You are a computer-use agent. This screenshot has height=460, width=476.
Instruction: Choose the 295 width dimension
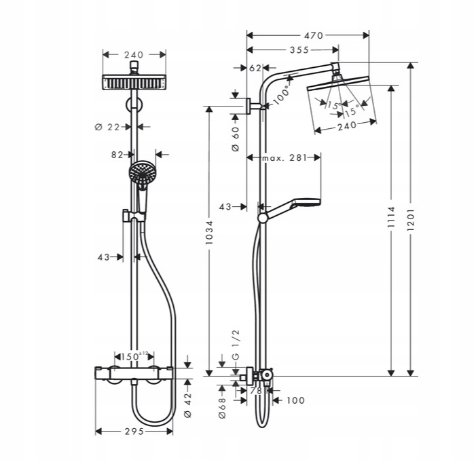click(x=134, y=431)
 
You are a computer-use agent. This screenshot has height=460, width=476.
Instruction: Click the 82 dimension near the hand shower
click(x=117, y=155)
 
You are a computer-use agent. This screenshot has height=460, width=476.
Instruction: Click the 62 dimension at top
click(x=255, y=68)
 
